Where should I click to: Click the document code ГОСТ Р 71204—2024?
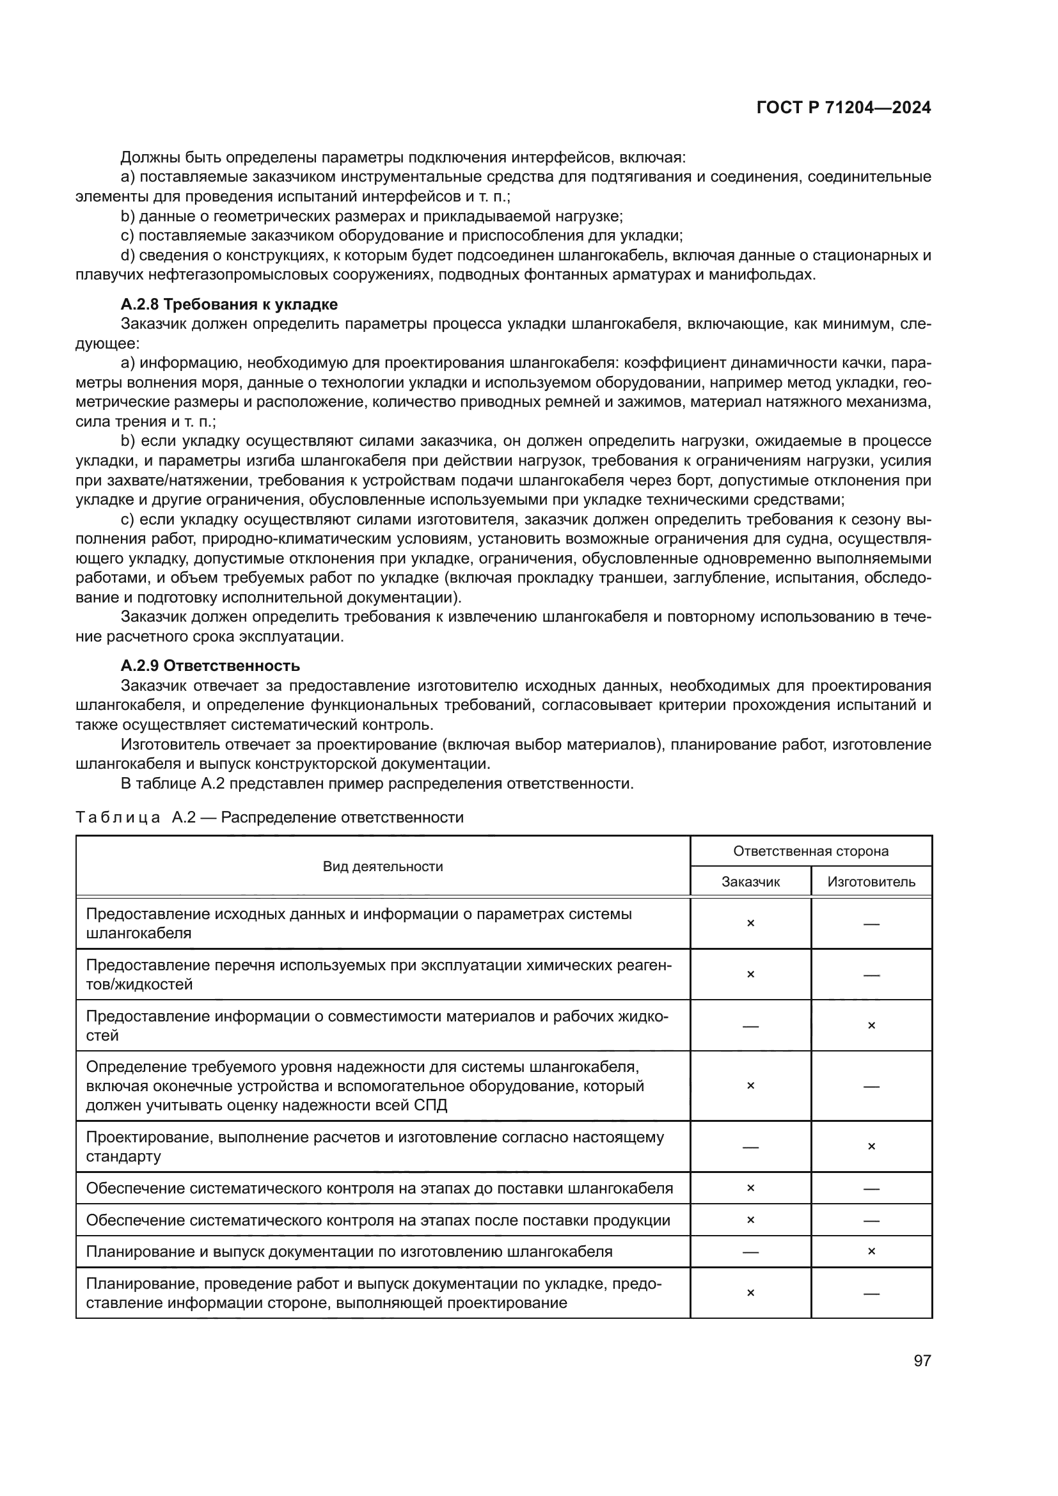click(x=844, y=108)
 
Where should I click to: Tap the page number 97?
click(x=922, y=1360)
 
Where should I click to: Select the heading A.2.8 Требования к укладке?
click(x=228, y=304)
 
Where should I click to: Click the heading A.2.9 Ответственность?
click(x=210, y=665)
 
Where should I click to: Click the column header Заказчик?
click(x=750, y=881)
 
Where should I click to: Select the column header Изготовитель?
click(x=871, y=881)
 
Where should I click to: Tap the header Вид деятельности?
click(x=383, y=866)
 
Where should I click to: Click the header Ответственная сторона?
click(x=810, y=851)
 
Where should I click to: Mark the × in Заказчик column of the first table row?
click(x=750, y=924)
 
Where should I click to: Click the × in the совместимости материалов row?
click(x=872, y=1025)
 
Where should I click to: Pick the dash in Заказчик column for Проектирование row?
click(x=750, y=1147)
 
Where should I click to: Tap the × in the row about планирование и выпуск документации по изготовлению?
click(x=872, y=1251)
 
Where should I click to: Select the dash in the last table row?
click(x=872, y=1293)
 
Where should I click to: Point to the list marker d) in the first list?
click(x=128, y=255)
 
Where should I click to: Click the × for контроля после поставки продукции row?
click(x=750, y=1220)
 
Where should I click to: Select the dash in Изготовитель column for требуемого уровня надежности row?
click(x=872, y=1086)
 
